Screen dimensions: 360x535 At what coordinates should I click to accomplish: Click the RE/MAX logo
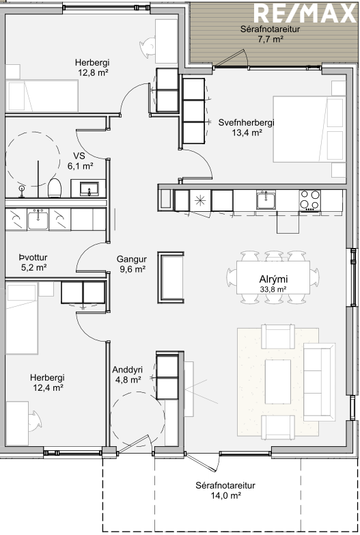305,14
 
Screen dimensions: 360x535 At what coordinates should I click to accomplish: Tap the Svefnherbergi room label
247,122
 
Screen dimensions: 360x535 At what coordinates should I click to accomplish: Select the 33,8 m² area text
273,290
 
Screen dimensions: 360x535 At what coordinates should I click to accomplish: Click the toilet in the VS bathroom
55,188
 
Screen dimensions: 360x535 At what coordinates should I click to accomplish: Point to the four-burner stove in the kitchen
310,200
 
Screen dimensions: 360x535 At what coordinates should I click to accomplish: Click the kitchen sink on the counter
266,200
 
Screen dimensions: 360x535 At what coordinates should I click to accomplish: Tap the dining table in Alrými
273,277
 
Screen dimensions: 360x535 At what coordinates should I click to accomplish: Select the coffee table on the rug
278,381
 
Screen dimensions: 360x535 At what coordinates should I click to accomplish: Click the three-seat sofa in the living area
319,382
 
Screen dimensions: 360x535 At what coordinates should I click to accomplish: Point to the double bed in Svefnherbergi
308,129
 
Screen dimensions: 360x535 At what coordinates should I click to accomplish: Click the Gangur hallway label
132,259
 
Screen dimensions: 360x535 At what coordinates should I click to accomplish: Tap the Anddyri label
127,370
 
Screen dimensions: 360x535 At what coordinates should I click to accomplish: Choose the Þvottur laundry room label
33,258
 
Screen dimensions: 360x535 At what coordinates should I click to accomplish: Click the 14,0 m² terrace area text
226,495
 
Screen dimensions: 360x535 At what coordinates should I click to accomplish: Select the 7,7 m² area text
271,39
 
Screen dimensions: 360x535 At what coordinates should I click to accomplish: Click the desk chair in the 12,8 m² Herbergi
148,46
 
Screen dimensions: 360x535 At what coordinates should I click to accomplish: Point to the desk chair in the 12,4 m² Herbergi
35,421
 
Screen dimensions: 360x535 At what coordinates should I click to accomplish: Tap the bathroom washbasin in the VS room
89,189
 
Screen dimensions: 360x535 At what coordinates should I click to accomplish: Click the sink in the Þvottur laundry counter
38,219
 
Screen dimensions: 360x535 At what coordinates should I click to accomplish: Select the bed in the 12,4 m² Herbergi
21,318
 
